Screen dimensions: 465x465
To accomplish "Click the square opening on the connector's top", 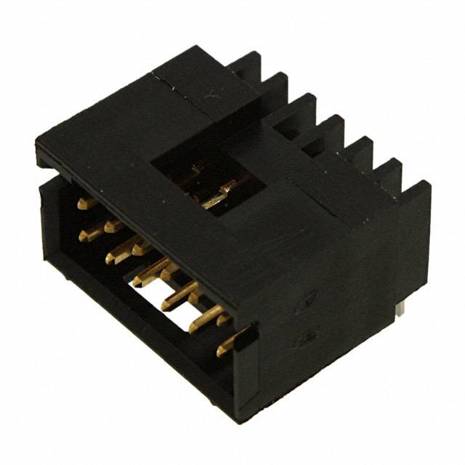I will coord(208,182).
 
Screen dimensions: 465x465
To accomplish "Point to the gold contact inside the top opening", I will coord(219,198).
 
